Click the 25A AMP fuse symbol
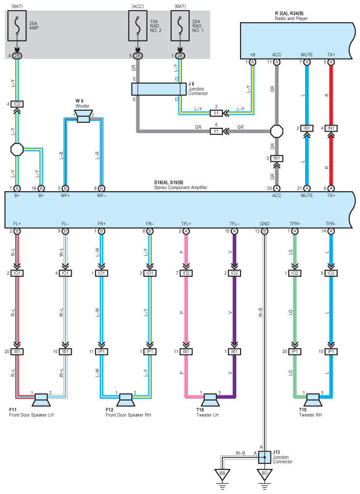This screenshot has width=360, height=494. tap(17, 26)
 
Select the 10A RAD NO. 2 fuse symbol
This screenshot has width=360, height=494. tap(138, 26)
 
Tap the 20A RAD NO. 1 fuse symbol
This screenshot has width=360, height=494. tap(180, 26)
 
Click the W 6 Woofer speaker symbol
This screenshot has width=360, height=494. tap(83, 116)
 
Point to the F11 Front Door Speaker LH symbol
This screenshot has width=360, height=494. tap(41, 400)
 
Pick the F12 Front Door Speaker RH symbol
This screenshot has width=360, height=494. tap(126, 400)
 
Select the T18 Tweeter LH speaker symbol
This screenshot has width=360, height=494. tap(210, 400)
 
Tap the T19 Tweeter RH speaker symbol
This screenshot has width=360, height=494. tap(313, 400)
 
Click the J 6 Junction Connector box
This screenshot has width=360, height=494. tap(159, 89)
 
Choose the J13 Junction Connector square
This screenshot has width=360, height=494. tap(265, 457)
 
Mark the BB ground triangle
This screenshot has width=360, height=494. tap(222, 474)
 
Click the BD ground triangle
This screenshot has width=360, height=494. tap(265, 474)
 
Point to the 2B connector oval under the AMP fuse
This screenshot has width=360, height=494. tap(17, 56)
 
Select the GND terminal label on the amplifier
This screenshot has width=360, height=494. tap(265, 224)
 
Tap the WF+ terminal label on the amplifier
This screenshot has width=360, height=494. tap(65, 195)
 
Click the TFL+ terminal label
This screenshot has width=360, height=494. tap(186, 224)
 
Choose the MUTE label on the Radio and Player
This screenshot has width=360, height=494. tap(307, 54)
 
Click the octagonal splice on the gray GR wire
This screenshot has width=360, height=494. tap(277, 131)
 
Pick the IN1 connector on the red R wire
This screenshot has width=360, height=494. tap(331, 128)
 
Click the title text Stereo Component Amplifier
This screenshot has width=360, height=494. tap(180, 187)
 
